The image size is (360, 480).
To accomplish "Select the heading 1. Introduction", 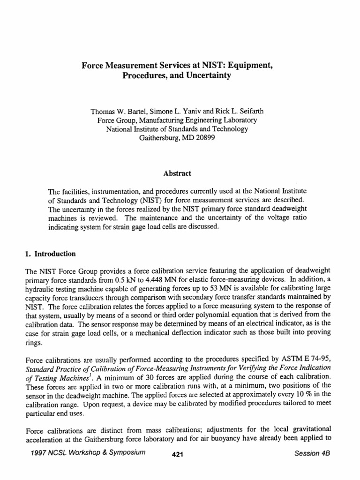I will coord(50,254).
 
